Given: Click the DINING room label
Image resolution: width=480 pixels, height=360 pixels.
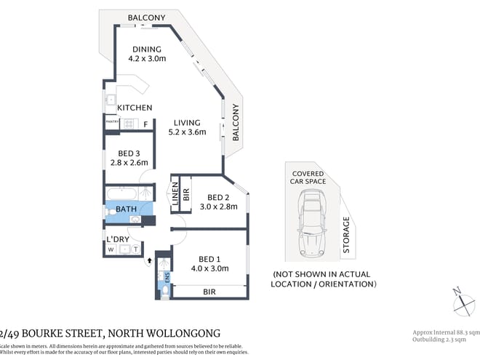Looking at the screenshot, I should tap(145, 49).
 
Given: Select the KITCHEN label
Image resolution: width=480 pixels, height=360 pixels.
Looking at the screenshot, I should tap(135, 108).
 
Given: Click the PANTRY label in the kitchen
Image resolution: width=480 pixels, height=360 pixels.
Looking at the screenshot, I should tap(112, 123).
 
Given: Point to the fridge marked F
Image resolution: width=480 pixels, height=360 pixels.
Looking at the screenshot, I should tap(145, 124).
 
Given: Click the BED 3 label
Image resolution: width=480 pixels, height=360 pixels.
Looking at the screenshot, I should tap(129, 153).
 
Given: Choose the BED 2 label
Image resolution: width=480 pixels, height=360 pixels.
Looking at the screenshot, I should tap(218, 197).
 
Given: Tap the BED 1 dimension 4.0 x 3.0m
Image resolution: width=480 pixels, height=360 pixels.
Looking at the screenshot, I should tap(209, 268).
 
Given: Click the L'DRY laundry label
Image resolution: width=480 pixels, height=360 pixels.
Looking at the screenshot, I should tap(117, 239).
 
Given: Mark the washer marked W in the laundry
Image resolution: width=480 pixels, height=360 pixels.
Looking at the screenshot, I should tap(111, 249).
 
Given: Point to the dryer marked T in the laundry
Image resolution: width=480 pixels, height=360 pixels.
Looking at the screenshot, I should tap(136, 249).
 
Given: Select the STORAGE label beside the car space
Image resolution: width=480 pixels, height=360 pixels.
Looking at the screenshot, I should tap(346, 236).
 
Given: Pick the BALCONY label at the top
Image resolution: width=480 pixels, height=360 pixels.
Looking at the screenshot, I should tap(145, 17).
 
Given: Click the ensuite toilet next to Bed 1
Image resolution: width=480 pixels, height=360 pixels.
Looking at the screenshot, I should tap(165, 290).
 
